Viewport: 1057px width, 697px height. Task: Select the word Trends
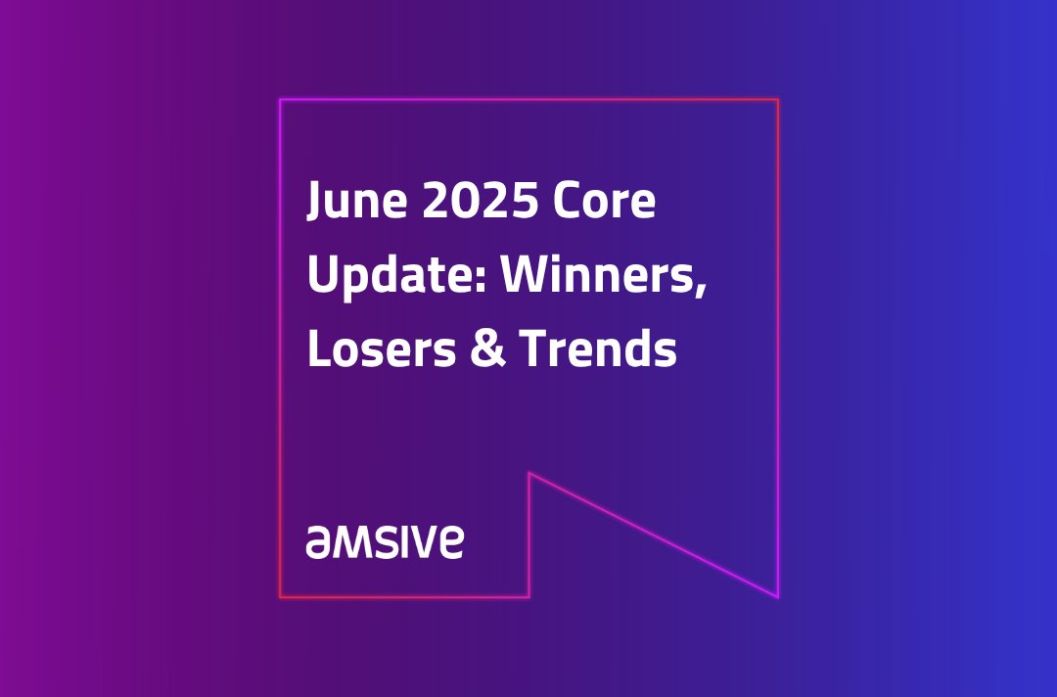coord(597,349)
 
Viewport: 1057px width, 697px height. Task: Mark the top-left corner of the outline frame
coord(280,100)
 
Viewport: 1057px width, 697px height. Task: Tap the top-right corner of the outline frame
coord(778,100)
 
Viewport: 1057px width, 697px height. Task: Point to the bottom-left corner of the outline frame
coord(280,596)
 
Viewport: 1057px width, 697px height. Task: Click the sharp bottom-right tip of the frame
coord(778,596)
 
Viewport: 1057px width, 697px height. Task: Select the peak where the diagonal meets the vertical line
coord(529,474)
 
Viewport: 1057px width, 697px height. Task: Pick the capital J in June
coord(315,203)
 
